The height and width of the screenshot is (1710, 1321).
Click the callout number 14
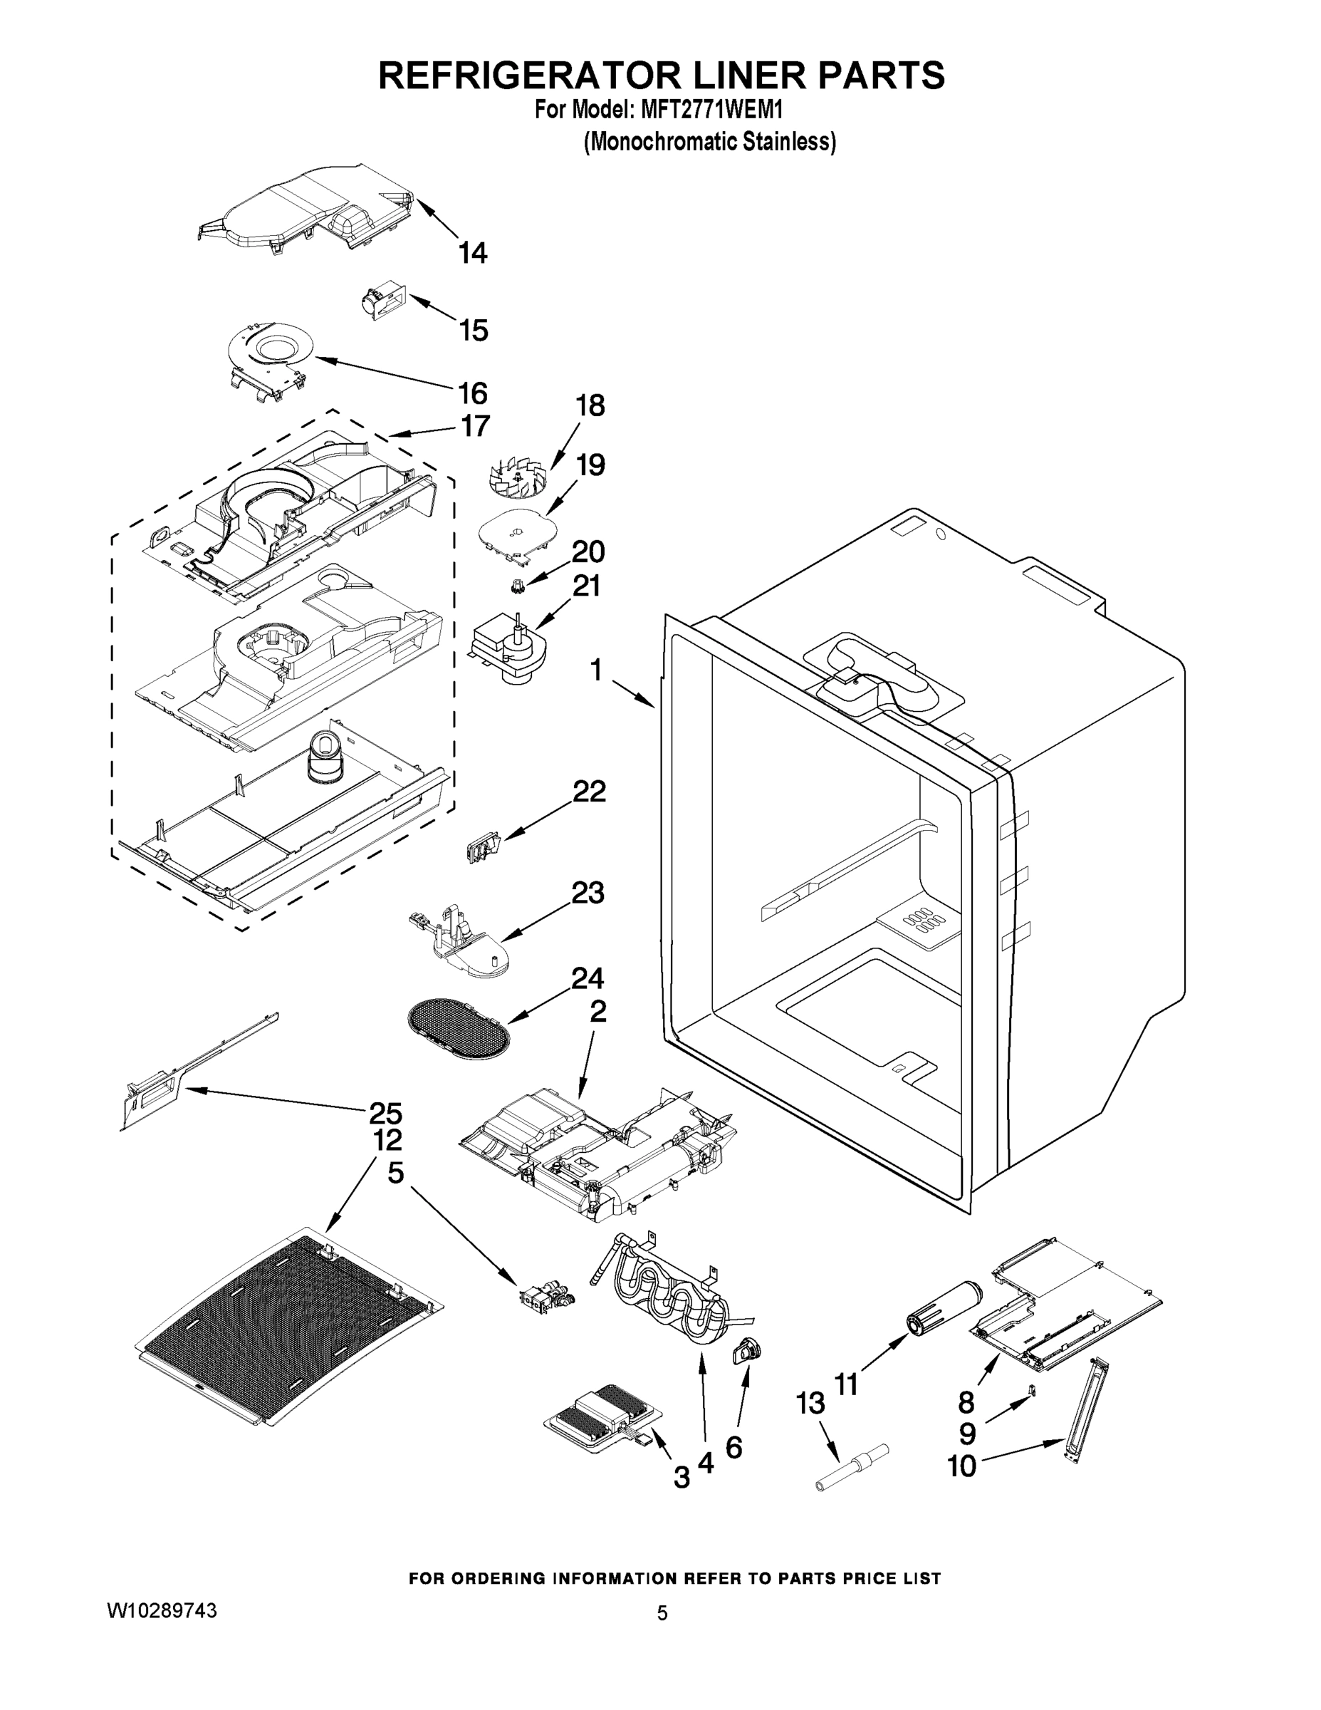473,253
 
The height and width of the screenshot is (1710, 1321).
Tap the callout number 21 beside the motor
586,586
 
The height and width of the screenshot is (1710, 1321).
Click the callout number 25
385,1113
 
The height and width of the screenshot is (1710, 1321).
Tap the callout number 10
962,1465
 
